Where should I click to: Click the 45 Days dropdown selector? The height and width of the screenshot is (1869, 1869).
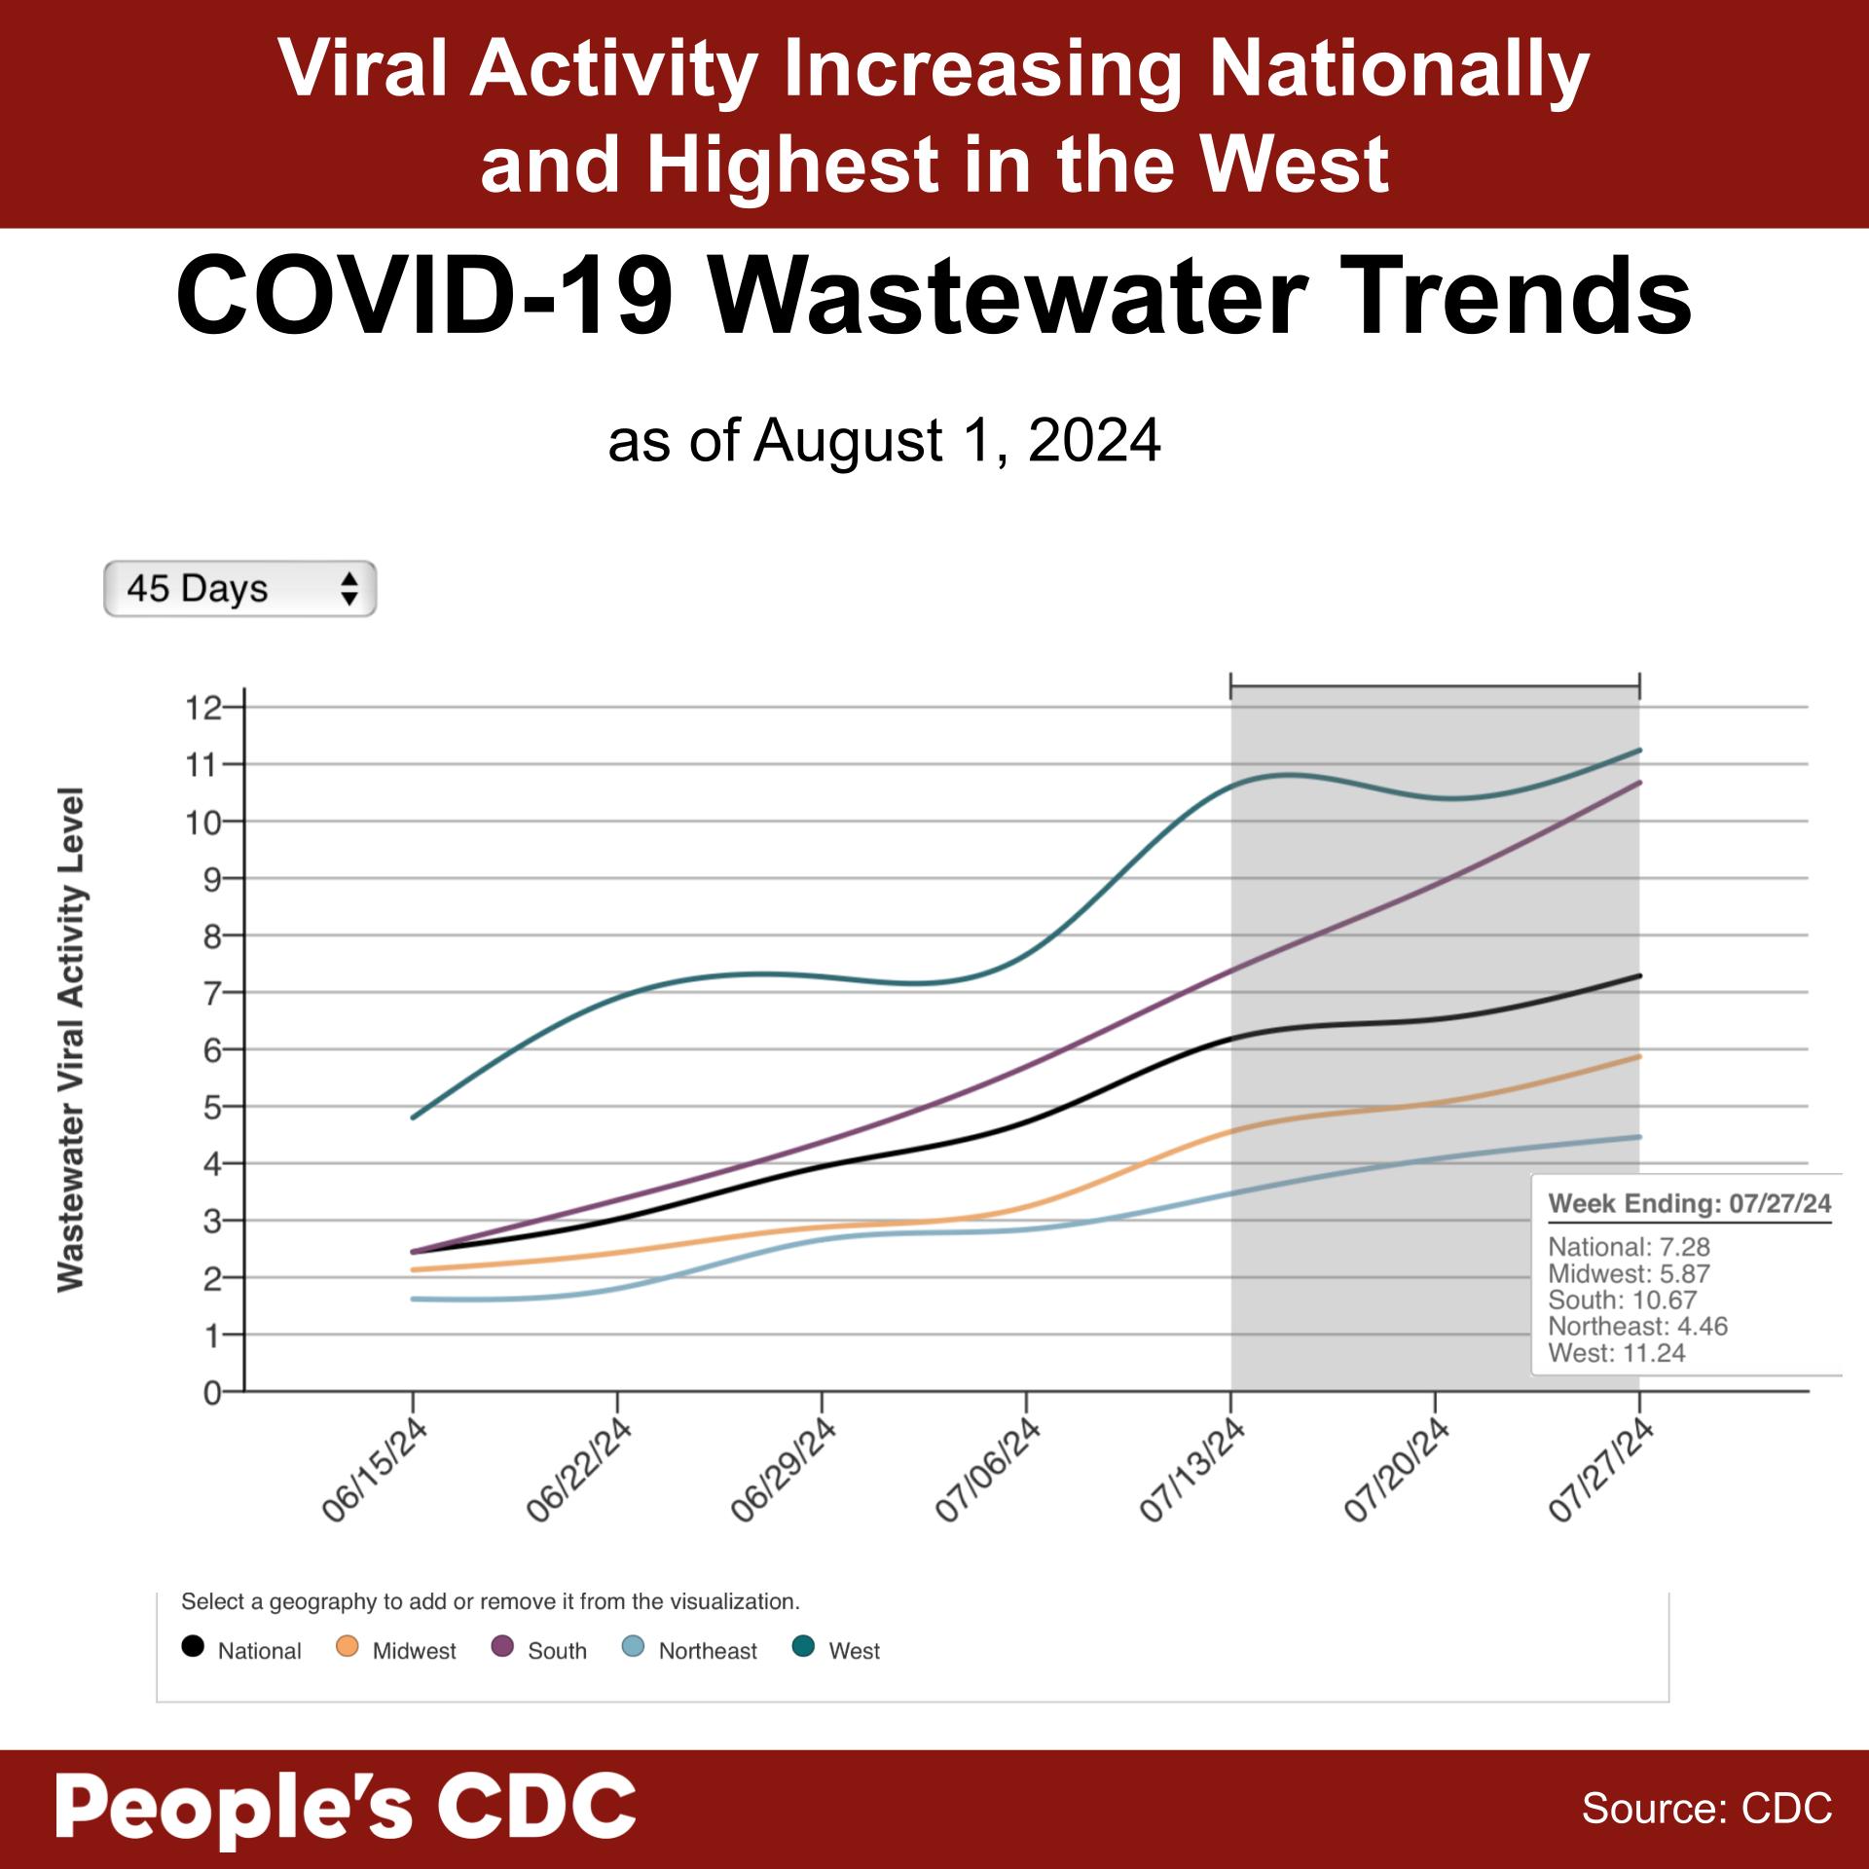click(239, 589)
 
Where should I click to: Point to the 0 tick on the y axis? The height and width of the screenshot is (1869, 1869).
click(211, 1393)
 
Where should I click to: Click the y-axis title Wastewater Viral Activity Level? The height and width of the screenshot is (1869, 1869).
click(71, 1040)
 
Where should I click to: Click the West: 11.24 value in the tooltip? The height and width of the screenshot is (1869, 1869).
click(1617, 1353)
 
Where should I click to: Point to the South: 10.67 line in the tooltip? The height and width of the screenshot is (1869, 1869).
click(1623, 1301)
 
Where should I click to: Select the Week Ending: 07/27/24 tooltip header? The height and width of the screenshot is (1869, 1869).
click(1690, 1203)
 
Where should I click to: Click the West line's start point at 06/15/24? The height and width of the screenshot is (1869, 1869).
click(414, 1118)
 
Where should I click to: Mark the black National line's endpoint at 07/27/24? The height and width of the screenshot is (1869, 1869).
click(1639, 975)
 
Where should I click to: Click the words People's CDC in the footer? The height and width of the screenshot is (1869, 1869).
click(346, 1808)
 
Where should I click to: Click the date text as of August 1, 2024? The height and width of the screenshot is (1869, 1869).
click(884, 441)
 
